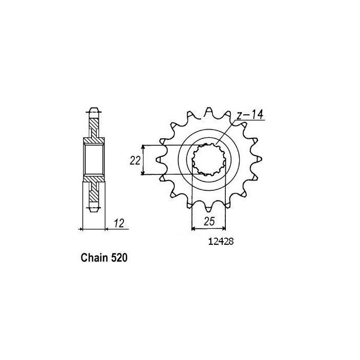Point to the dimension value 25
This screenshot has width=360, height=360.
coord(208,222)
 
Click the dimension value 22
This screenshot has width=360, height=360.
coord(135,160)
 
